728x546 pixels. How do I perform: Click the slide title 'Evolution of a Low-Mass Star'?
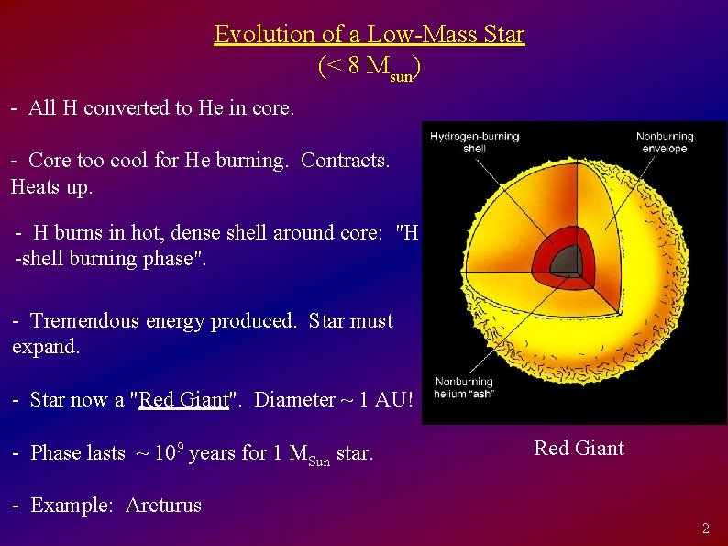pyautogui.click(x=369, y=34)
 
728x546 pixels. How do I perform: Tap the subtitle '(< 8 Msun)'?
pyautogui.click(x=370, y=67)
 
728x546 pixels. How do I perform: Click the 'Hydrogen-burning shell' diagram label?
pyautogui.click(x=474, y=142)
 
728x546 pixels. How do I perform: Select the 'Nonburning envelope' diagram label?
pyautogui.click(x=665, y=142)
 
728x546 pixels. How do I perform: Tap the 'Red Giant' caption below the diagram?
pyautogui.click(x=579, y=448)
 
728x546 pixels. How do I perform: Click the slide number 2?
pyautogui.click(x=705, y=528)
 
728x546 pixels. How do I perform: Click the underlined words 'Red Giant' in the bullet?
pyautogui.click(x=183, y=399)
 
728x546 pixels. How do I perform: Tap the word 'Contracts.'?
pyautogui.click(x=345, y=160)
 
